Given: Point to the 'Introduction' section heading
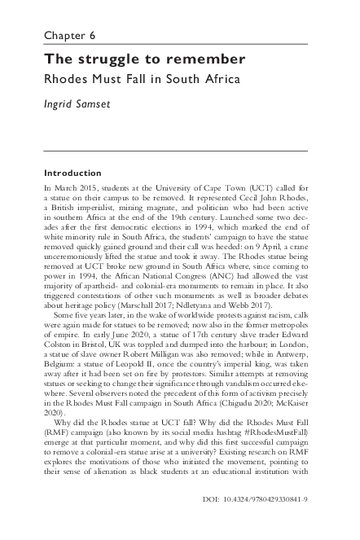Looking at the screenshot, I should [x=72, y=173].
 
